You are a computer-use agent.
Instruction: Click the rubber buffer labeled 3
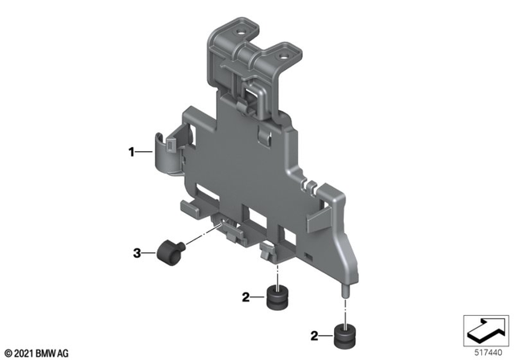[169, 252]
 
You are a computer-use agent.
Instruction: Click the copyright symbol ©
[8, 352]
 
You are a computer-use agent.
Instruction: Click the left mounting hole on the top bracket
[240, 29]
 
